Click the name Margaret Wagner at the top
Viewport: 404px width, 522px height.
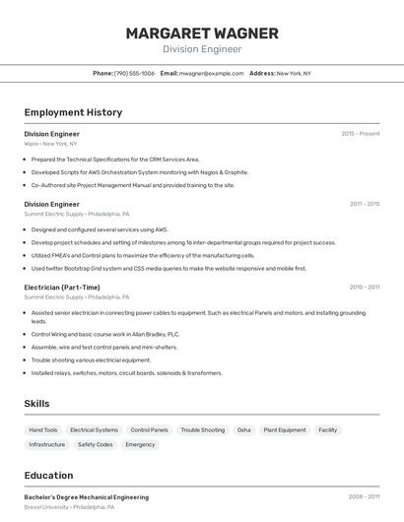(202, 33)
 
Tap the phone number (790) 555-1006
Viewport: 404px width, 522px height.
(134, 73)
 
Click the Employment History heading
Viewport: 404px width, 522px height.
(73, 112)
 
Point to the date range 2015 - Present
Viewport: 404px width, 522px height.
(361, 134)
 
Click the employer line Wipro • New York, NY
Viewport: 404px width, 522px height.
(50, 144)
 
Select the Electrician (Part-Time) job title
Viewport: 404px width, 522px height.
(62, 288)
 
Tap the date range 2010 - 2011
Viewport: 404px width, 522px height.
(365, 288)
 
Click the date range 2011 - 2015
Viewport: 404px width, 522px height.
(365, 204)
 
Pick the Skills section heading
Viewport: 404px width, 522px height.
(36, 404)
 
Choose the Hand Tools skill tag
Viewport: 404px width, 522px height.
(43, 430)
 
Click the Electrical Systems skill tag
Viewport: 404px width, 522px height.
(94, 430)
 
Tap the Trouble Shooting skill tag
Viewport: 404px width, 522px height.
(202, 430)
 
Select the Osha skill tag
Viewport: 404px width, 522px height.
(244, 430)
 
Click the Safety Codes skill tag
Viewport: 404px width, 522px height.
(96, 444)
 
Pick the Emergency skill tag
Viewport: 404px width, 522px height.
(140, 444)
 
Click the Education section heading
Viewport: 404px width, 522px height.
(48, 476)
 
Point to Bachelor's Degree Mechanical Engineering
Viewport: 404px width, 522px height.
(87, 497)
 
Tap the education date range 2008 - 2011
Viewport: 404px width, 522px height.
(364, 497)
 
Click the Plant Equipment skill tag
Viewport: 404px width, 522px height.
(285, 430)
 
